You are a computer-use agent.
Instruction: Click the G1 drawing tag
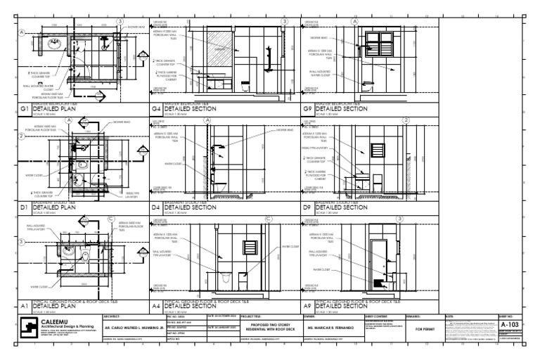(x=25, y=110)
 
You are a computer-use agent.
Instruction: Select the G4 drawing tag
(x=156, y=110)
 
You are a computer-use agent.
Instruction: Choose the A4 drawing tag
(x=156, y=307)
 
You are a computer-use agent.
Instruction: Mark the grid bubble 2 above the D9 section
(x=406, y=121)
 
